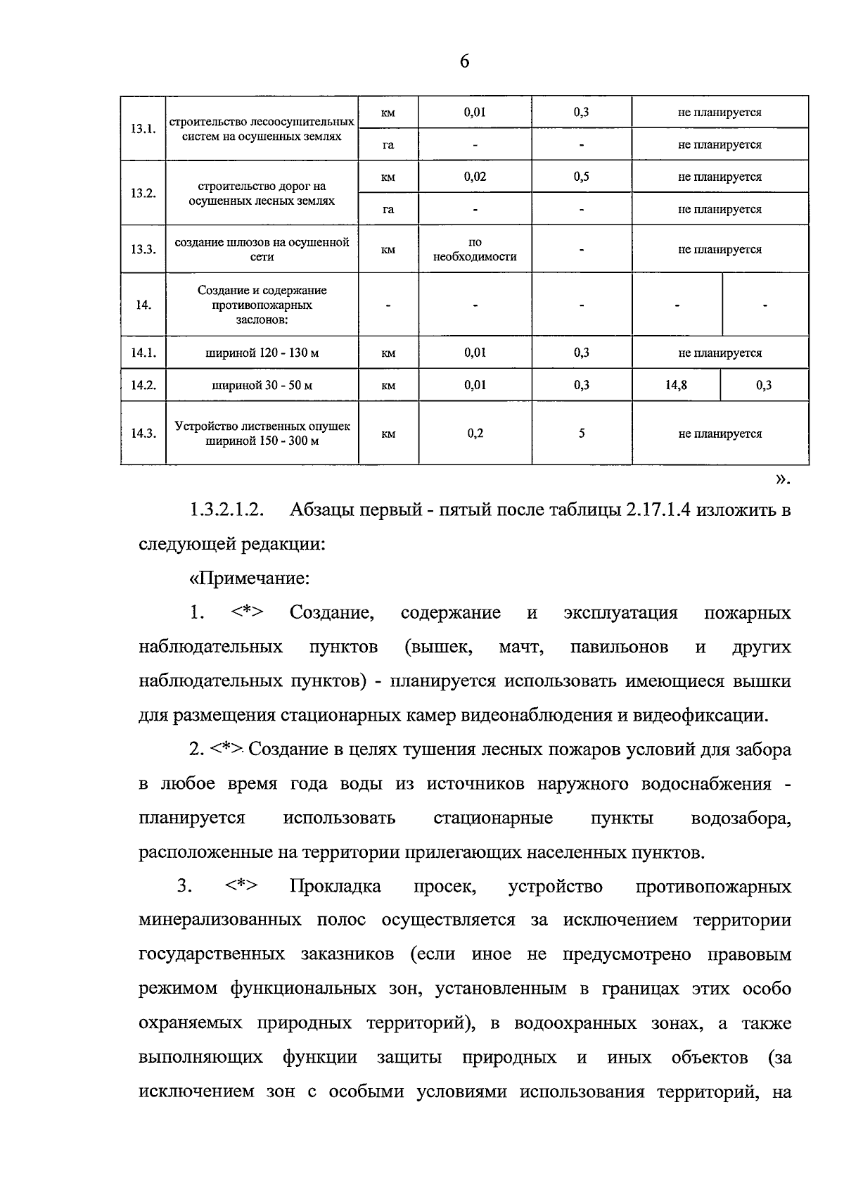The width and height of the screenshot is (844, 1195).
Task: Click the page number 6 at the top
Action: (x=464, y=62)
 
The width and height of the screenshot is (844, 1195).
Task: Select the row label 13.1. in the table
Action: (x=143, y=129)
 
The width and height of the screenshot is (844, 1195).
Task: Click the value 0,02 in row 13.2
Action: (x=475, y=177)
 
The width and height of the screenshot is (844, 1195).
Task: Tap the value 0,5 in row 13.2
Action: (x=581, y=177)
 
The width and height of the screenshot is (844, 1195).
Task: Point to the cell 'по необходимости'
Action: (x=475, y=250)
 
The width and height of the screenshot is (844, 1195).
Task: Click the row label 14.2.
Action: (x=143, y=386)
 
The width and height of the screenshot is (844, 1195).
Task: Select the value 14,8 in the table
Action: (x=676, y=386)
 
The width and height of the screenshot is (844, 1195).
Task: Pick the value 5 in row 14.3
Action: (x=582, y=434)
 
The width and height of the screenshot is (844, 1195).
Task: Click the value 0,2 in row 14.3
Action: (x=475, y=434)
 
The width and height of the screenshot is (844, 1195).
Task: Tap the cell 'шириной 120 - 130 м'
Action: (x=262, y=353)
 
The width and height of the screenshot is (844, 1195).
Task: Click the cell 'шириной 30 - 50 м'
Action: (x=262, y=386)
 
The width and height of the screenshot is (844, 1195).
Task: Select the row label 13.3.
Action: (x=143, y=250)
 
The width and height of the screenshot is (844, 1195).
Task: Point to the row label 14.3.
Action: (x=143, y=434)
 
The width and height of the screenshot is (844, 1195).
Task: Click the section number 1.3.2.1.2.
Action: (x=226, y=510)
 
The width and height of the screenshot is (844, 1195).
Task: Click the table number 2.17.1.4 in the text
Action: (x=658, y=510)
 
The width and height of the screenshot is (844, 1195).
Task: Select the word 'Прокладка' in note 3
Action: (x=335, y=886)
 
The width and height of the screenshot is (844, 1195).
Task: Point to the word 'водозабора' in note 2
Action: (x=741, y=818)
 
